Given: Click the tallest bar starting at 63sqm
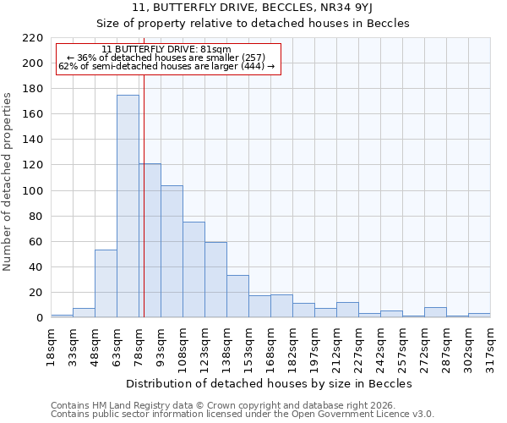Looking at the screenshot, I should pos(128,206).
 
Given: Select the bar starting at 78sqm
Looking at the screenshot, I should pos(150,240).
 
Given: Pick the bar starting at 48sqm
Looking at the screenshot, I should pos(106,283).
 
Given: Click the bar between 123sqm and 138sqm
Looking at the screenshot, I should pos(215,280).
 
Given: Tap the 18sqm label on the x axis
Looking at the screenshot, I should pos(51,346).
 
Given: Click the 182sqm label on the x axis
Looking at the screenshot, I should pos(292,346).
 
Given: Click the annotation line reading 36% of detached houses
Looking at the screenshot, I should pos(166,58).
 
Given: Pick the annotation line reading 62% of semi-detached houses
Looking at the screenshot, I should pos(166,66).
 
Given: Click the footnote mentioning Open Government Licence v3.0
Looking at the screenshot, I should pos(242,414).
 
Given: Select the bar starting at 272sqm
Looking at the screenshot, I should pos(435,312).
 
